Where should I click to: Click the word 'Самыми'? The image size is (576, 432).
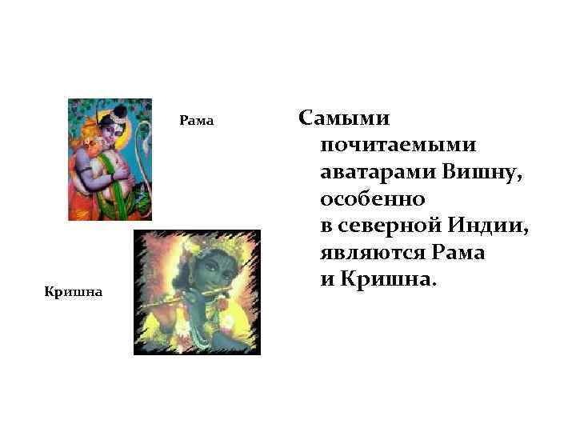[344, 118]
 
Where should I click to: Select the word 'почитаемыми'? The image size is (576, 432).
[398, 145]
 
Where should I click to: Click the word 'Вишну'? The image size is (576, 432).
[483, 171]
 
